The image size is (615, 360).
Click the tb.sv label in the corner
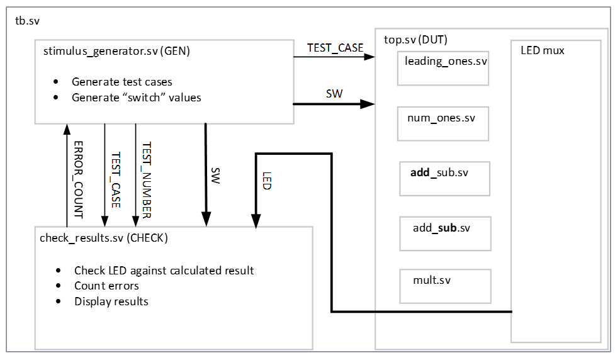[26, 21]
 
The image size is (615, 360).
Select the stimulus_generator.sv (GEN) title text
[116, 52]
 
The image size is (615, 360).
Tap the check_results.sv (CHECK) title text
[103, 238]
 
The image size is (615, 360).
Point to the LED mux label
[543, 50]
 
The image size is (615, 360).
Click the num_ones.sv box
[443, 123]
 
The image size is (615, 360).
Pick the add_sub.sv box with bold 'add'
[443, 178]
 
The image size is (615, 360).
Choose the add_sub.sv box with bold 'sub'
[443, 233]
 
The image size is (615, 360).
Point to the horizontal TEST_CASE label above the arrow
[335, 48]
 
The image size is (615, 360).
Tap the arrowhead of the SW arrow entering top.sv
[368, 104]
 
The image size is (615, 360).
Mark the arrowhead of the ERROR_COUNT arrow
[67, 128]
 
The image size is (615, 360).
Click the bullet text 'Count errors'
[106, 286]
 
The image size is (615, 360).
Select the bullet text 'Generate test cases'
[121, 82]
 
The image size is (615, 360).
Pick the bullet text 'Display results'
[111, 301]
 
